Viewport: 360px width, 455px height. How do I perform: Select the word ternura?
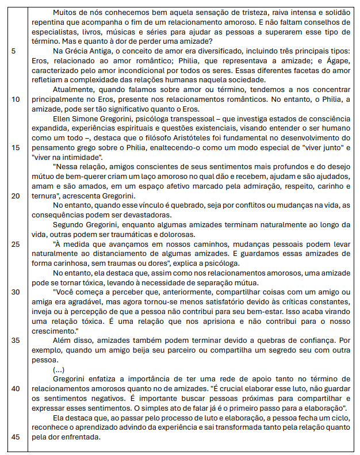[x=43, y=195]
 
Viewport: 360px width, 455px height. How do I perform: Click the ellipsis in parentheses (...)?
[x=59, y=369]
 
